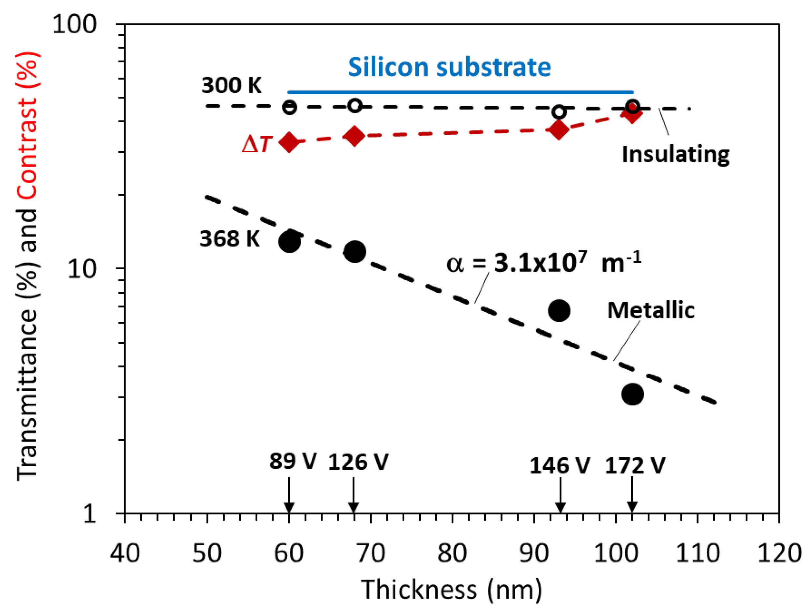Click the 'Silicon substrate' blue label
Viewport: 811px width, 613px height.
(449, 67)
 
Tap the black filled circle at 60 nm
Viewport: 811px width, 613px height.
(289, 242)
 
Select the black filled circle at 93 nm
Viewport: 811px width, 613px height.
(559, 310)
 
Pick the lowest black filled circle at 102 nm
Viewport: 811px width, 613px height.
(632, 394)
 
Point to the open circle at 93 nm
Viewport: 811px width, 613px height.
(559, 112)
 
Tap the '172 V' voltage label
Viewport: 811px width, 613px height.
(635, 466)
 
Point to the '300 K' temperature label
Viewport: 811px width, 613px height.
(231, 85)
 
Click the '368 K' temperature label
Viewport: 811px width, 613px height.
(230, 239)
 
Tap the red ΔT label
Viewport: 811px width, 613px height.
(257, 144)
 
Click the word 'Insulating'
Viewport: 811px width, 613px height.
(675, 154)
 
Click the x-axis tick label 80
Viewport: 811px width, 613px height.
(452, 553)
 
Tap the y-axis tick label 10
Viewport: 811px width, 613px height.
(82, 269)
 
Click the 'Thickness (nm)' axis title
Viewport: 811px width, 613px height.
(451, 590)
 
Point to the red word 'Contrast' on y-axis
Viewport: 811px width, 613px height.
(27, 148)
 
